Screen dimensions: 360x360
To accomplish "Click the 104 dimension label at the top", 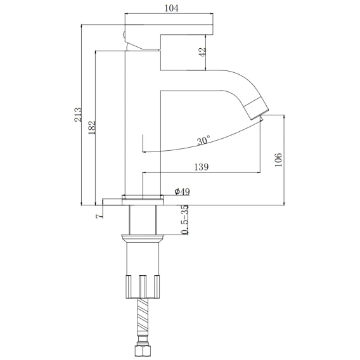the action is point(171,8).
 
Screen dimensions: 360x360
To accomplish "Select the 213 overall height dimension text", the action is point(78,114).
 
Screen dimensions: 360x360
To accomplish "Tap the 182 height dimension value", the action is point(92,127).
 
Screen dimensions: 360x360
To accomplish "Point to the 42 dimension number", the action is point(202,53).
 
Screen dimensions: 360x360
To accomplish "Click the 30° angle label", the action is point(203,140).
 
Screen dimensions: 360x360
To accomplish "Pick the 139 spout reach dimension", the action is point(202,167).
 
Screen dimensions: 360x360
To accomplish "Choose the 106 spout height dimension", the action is point(278,160).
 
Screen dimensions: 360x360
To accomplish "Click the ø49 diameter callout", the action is point(182,191).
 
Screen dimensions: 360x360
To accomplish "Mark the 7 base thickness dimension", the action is point(99,216).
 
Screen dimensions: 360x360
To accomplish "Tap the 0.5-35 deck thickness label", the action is point(184,219).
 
